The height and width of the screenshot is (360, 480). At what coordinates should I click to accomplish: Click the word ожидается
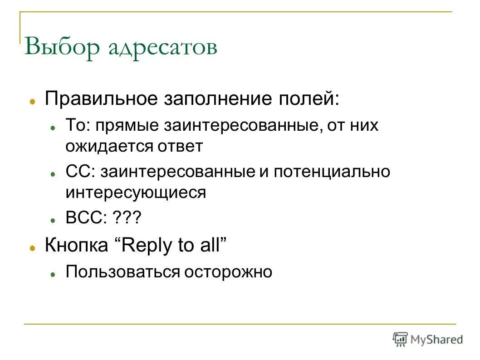tap(109, 147)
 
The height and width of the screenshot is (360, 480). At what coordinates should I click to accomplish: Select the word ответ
tap(180, 147)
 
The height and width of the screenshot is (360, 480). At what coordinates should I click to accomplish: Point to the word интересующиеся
tap(136, 193)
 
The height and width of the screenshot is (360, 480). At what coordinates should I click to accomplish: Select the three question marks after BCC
tap(127, 219)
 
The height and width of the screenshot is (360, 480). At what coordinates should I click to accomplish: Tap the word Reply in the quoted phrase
tap(148, 246)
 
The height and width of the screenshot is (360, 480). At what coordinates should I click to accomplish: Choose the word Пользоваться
tap(122, 272)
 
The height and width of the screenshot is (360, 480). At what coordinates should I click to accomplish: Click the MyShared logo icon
tap(400, 338)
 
